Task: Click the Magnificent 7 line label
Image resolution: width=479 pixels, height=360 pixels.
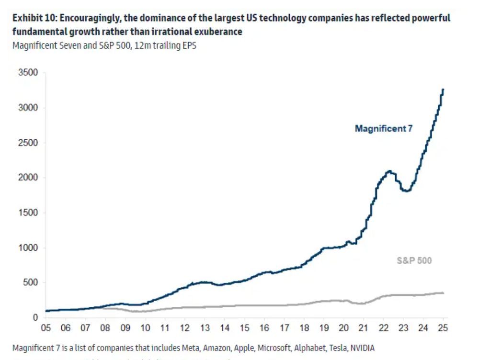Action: tap(383, 128)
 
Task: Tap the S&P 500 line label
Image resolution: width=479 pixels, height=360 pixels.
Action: tap(414, 261)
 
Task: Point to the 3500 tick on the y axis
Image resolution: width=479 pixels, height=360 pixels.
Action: tap(28, 73)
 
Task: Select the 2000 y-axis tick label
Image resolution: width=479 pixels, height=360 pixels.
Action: tap(28, 178)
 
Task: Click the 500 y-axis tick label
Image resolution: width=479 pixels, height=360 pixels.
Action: tap(31, 282)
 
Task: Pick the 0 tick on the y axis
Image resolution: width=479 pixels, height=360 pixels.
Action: tap(35, 317)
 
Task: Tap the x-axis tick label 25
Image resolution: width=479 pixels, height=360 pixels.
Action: tap(443, 328)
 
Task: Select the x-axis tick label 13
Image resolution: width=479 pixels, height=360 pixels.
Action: tap(205, 328)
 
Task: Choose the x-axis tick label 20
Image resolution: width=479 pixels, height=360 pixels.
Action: tap(344, 328)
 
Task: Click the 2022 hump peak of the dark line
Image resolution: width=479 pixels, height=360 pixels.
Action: tap(389, 171)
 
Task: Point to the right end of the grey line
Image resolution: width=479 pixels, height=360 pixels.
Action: tap(443, 293)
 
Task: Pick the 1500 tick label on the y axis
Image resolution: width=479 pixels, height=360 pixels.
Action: tap(28, 213)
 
